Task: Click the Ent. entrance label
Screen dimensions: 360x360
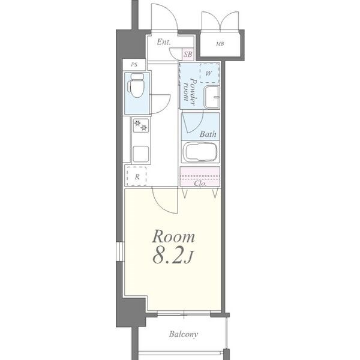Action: [164, 42]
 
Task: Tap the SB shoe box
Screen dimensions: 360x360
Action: [188, 55]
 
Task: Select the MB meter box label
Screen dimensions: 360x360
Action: [220, 44]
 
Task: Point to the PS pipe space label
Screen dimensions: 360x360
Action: [134, 65]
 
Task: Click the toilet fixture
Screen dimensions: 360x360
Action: [136, 85]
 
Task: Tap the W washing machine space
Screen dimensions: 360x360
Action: [209, 73]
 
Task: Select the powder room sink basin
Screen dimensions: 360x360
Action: [212, 97]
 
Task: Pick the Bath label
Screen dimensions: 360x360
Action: [208, 134]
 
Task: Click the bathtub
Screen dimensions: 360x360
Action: [200, 152]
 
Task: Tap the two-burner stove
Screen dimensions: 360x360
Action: [141, 125]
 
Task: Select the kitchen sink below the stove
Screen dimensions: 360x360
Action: [141, 154]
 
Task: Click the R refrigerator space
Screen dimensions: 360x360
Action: [136, 176]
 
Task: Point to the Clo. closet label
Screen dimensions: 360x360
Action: [200, 184]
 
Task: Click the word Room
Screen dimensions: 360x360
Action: [173, 236]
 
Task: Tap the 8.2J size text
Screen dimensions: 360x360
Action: [173, 256]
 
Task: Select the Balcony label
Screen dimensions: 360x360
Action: [184, 334]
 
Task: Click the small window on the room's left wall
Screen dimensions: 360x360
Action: [120, 251]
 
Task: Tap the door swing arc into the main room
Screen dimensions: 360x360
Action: [163, 205]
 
